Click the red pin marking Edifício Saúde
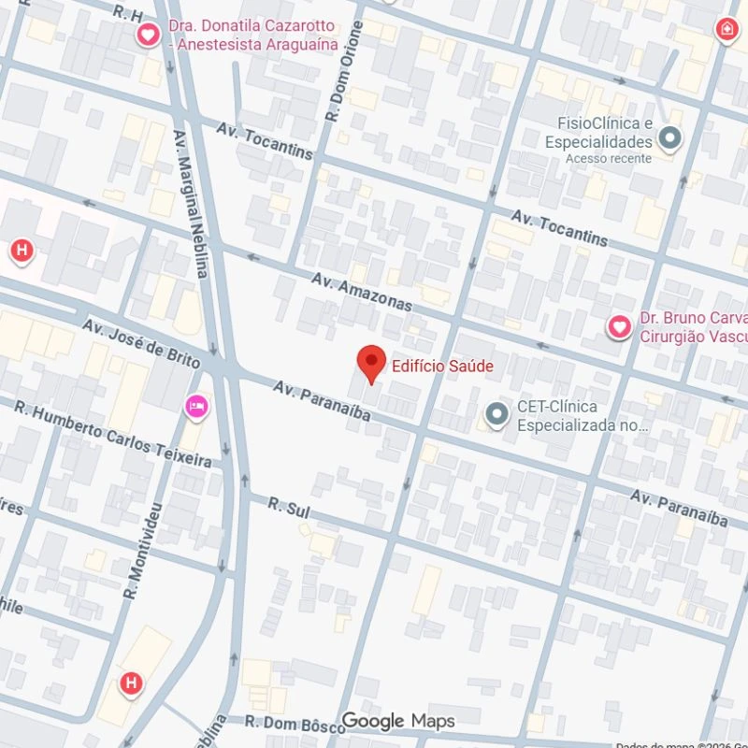pos(372,363)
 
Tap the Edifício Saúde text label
pos(442,367)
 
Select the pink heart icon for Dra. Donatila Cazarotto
pos(148,36)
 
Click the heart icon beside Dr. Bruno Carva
pos(619,326)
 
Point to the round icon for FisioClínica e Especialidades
pos(669,139)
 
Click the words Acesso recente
pos(608,159)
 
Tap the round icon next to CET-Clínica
pos(497,412)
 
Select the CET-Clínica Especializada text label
pos(583,416)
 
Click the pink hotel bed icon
pos(197,406)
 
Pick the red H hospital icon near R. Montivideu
pos(131,683)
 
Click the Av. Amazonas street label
pos(362,292)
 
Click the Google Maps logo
pos(397,721)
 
